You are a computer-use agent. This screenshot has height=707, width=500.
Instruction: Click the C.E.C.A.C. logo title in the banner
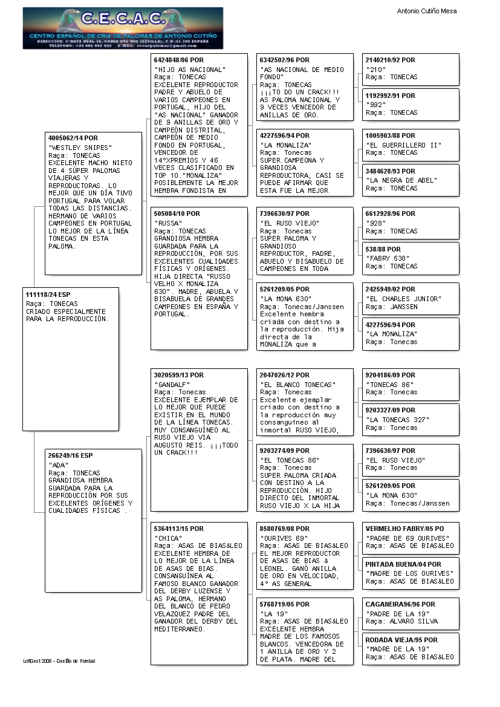[x=123, y=19]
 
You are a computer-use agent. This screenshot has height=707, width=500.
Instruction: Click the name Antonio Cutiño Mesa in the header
[x=426, y=11]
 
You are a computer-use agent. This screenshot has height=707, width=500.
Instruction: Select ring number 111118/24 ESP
[x=48, y=294]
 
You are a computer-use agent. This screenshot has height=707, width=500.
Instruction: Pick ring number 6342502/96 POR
[x=284, y=60]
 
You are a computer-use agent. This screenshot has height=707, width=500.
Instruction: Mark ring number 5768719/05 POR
[x=284, y=604]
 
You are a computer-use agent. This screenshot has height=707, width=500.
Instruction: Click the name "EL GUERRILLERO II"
[x=404, y=145]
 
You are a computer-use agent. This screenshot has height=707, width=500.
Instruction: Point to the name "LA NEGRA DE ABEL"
[x=401, y=180]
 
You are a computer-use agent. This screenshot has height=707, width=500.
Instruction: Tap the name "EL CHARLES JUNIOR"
[x=404, y=299]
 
